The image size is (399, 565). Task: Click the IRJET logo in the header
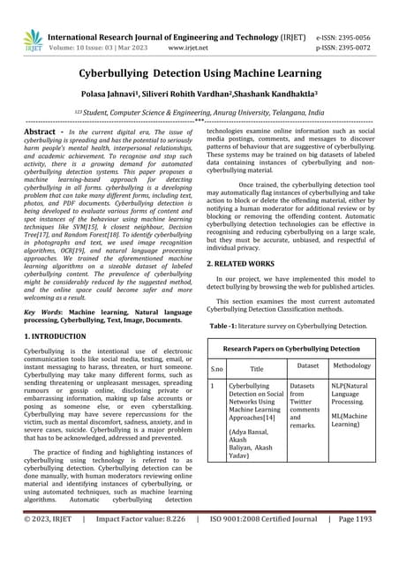coord(32,40)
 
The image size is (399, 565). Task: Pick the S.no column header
coord(216,370)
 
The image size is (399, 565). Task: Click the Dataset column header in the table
coord(307,365)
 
